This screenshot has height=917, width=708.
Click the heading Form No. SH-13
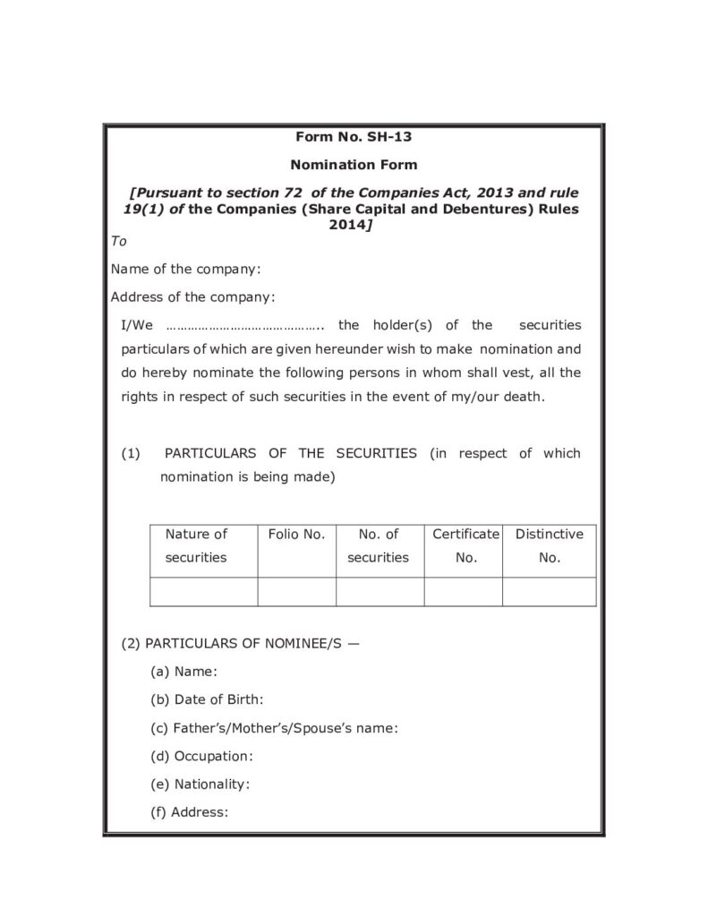point(354,137)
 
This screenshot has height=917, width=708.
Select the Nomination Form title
point(354,165)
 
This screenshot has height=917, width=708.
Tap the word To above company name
point(119,242)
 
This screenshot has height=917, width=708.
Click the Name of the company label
point(185,269)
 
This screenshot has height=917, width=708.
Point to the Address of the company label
point(192,296)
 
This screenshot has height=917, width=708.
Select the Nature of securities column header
point(196,545)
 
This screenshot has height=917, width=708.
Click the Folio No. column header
point(296,534)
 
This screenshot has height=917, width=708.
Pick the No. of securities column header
point(378,545)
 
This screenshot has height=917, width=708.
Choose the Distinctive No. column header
point(549,545)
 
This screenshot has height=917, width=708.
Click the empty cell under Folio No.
point(296,592)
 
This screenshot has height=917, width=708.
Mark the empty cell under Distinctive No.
point(549,592)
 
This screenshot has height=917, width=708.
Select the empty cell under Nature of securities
point(203,592)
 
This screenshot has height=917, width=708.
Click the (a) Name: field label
point(184,671)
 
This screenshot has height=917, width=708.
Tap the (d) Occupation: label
point(202,756)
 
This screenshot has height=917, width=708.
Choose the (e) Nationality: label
point(200,784)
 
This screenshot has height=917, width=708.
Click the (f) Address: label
point(190,812)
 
